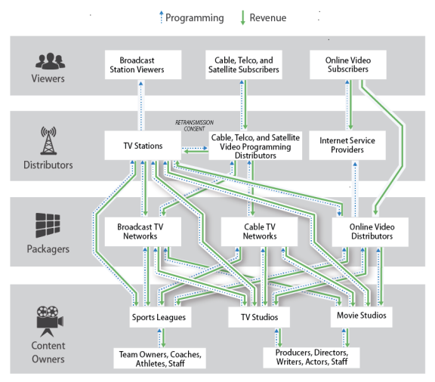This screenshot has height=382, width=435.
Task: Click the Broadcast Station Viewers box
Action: click(143, 65)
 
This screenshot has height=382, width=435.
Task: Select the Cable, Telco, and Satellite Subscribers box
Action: click(244, 65)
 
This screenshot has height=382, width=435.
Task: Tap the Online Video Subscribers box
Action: click(348, 65)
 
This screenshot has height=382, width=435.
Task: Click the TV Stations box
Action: click(143, 146)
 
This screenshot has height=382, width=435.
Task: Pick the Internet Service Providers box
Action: click(347, 145)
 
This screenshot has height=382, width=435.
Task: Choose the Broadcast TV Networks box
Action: click(143, 232)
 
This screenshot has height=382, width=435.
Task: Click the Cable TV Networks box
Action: click(259, 232)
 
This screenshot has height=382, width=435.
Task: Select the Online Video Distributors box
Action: click(370, 232)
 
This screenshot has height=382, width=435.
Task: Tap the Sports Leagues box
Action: click(160, 317)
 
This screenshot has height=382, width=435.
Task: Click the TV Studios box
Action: click(259, 317)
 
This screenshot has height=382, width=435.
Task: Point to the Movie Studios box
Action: click(362, 317)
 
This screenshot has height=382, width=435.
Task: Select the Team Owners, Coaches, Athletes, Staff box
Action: click(160, 358)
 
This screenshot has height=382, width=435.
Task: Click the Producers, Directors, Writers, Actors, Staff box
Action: click(312, 358)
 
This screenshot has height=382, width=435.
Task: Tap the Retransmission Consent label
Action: click(194, 125)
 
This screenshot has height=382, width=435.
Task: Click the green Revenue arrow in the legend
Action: click(242, 18)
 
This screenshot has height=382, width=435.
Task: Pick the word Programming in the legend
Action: click(195, 18)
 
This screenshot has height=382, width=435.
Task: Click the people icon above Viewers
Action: click(50, 60)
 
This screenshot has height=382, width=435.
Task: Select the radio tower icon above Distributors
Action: click(48, 140)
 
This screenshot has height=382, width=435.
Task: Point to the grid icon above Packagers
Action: click(48, 225)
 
